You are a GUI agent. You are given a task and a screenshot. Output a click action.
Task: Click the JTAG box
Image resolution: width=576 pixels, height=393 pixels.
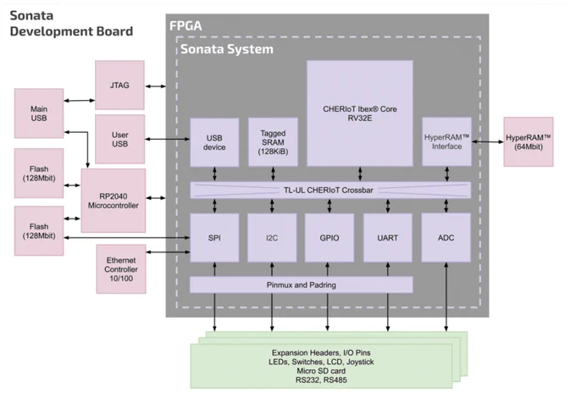click(119, 86)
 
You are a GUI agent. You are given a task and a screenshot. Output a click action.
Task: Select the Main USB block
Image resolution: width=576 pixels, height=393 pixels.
click(39, 113)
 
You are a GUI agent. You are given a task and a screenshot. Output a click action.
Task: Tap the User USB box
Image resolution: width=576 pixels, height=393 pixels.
click(119, 139)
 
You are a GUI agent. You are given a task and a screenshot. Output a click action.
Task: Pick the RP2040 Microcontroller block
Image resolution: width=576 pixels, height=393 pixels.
click(114, 201)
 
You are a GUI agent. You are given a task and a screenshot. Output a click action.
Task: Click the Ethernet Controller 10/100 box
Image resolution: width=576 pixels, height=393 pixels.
click(121, 269)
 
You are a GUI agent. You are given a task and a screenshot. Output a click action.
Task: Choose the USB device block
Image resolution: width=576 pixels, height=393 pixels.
click(214, 142)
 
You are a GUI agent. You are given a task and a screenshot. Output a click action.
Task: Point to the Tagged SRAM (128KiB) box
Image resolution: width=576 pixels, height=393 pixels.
click(273, 142)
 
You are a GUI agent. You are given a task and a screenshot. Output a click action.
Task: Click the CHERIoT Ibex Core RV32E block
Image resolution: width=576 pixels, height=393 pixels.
click(360, 113)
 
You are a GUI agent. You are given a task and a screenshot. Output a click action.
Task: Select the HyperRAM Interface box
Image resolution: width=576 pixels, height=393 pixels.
click(446, 141)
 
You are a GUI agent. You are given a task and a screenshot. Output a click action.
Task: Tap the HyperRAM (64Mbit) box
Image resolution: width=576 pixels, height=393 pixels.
click(529, 141)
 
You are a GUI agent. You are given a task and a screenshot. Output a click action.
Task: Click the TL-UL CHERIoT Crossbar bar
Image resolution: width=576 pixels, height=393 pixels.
click(330, 191)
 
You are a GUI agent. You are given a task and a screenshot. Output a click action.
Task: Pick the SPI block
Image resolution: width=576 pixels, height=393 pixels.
click(214, 238)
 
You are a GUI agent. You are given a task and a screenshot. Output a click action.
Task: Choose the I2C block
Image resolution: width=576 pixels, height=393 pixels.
click(272, 238)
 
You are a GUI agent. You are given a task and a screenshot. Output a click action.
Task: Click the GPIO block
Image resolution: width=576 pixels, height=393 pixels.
click(330, 238)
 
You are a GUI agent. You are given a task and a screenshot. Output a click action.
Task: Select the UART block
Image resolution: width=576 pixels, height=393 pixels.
click(388, 238)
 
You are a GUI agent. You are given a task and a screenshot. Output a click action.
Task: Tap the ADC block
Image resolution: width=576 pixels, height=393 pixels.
click(446, 238)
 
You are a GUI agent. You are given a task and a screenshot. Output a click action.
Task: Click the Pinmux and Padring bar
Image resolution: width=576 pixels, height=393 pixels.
click(302, 285)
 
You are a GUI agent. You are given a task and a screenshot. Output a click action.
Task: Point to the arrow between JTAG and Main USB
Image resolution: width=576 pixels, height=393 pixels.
click(80, 100)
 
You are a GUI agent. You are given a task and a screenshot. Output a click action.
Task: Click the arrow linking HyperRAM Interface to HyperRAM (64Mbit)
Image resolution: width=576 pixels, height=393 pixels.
click(487, 141)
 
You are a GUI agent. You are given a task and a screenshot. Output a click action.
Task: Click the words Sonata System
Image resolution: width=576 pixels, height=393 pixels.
click(227, 49)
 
